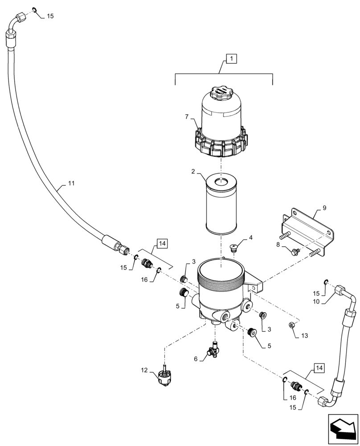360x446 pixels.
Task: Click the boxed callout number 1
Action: (x=233, y=58)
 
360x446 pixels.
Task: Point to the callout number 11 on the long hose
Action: (x=71, y=183)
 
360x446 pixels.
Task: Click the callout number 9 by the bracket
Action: (x=324, y=207)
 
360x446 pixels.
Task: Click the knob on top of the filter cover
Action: (x=221, y=94)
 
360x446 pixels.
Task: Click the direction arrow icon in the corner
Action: (x=343, y=428)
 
